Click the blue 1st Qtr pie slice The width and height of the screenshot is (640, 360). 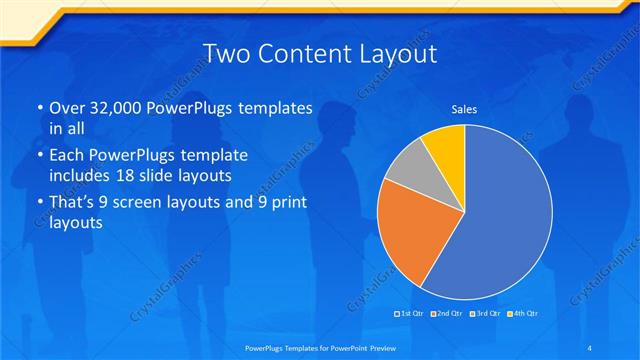tap(500, 220)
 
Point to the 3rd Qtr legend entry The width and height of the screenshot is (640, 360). tap(482, 314)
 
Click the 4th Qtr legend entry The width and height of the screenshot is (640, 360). tap(518, 314)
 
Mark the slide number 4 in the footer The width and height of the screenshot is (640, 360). tap(590, 347)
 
